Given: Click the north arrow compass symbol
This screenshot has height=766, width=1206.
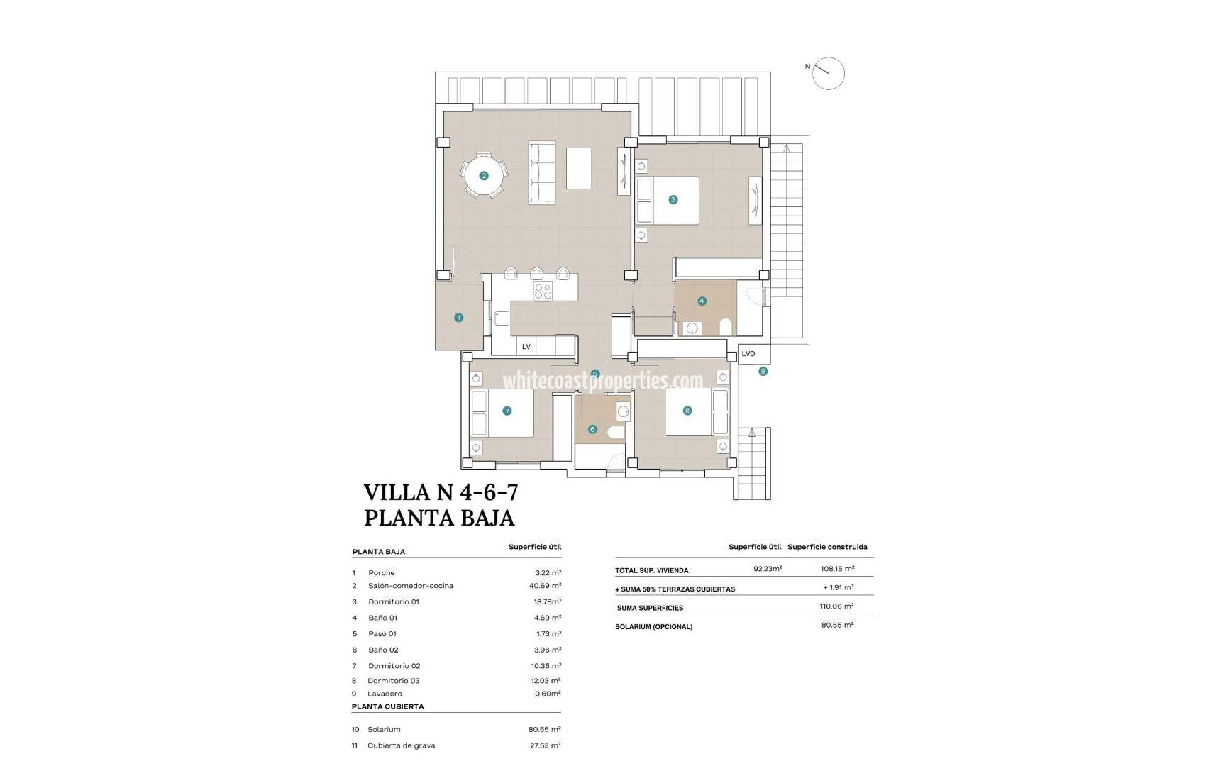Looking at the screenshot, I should tap(828, 73).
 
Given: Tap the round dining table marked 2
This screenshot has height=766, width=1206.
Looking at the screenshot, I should tap(483, 176).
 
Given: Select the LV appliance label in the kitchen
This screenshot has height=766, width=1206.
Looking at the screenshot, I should tap(526, 347).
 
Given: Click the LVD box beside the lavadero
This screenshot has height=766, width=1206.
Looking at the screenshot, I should tap(748, 354).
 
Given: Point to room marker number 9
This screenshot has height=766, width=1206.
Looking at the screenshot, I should tap(763, 371).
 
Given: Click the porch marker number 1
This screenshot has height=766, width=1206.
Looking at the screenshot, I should tap(458, 318).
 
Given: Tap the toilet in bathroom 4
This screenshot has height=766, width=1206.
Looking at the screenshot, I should tap(726, 327).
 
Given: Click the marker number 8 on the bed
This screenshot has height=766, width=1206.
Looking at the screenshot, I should tap(687, 411).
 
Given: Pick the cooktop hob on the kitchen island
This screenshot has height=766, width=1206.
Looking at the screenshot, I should tap(543, 291).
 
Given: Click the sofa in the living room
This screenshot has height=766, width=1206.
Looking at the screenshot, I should tap(542, 173).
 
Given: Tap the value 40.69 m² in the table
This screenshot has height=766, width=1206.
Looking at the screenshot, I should tap(545, 586).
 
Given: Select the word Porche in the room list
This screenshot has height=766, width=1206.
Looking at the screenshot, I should tap(381, 573).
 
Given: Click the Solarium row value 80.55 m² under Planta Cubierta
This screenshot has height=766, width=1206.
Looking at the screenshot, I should tap(545, 729).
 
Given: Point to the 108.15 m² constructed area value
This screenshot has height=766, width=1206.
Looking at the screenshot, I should tap(837, 569).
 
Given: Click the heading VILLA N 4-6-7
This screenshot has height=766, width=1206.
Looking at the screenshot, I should tap(441, 492).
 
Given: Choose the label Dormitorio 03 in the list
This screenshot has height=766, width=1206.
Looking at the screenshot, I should tap(393, 681).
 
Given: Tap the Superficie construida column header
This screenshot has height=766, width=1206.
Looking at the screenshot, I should tap(827, 547).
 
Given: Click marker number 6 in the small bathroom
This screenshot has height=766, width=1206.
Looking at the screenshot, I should tap(592, 429).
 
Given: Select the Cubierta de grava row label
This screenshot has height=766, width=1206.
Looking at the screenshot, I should tap(401, 745).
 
